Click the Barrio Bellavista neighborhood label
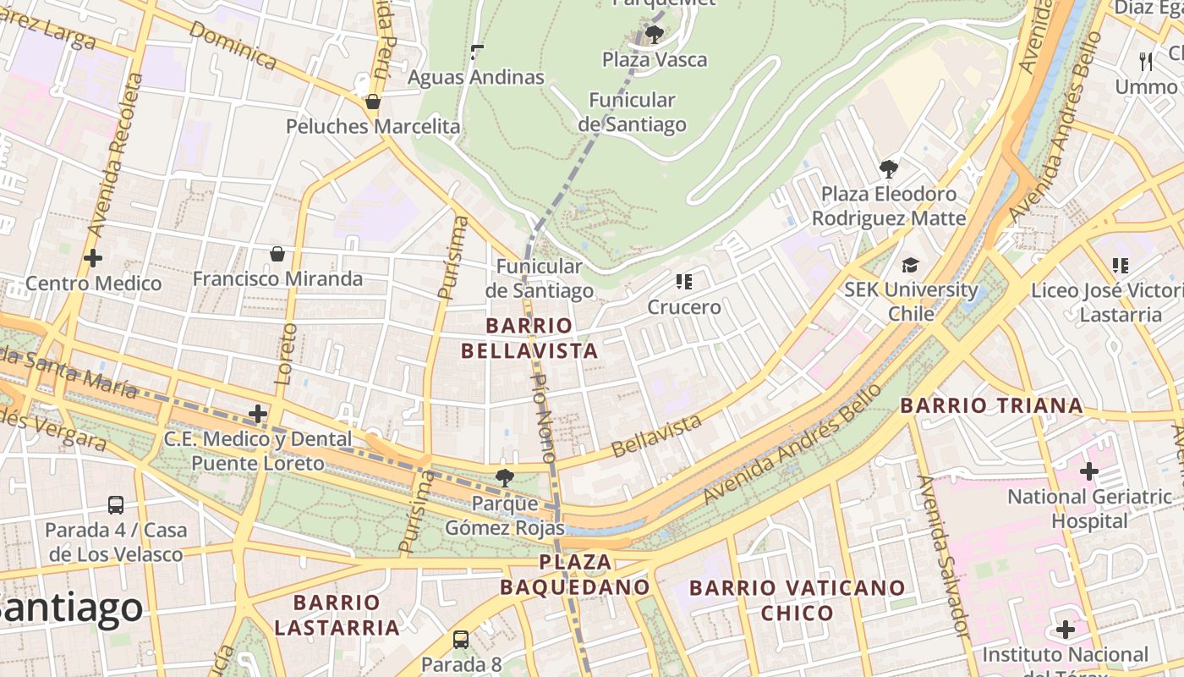coord(529,338)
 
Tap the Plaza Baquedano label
coord(575,574)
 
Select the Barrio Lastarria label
coord(337,614)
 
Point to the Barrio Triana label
coord(991,405)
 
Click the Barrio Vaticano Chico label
coord(797,599)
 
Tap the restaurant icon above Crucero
coord(684,281)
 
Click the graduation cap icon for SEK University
coord(910,265)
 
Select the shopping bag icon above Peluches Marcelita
coord(373,102)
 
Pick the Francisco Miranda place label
coord(277,278)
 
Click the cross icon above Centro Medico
coord(93,258)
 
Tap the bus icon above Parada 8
coord(461,639)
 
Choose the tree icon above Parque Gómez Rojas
coord(504,477)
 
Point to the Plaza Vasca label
coord(655,59)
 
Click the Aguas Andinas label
coord(476,77)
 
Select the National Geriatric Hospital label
coord(1089,509)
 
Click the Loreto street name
coord(286,354)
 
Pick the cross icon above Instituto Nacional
coord(1066,630)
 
